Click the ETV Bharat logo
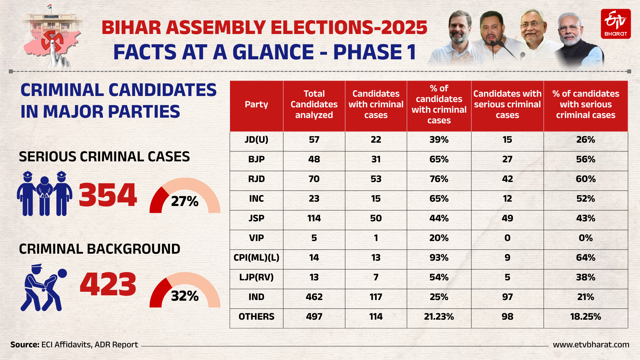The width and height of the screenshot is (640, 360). (x=615, y=24)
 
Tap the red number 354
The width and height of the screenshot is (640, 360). (x=108, y=195)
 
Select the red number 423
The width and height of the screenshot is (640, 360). (x=108, y=284)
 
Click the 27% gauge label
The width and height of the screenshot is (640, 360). (x=185, y=201)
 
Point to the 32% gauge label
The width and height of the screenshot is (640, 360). (x=185, y=296)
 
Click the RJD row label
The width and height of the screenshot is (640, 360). (x=256, y=179)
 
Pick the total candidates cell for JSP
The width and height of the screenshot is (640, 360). (x=314, y=218)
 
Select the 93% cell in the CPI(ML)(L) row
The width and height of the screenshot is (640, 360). (x=439, y=258)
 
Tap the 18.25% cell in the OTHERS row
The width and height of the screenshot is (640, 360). (x=585, y=317)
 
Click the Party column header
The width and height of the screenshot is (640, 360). (x=256, y=105)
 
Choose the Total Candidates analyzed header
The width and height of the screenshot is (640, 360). (x=314, y=105)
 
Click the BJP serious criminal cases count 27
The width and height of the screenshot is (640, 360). (x=507, y=159)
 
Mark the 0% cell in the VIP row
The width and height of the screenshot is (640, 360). (x=585, y=238)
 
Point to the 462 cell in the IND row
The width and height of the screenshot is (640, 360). (x=314, y=297)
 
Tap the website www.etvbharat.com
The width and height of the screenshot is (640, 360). (x=591, y=345)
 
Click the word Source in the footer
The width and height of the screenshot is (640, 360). (x=24, y=345)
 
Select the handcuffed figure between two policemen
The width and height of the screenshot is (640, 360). (x=44, y=195)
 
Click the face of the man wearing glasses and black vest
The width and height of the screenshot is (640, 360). (x=570, y=28)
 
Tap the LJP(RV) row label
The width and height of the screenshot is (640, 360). (x=256, y=277)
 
